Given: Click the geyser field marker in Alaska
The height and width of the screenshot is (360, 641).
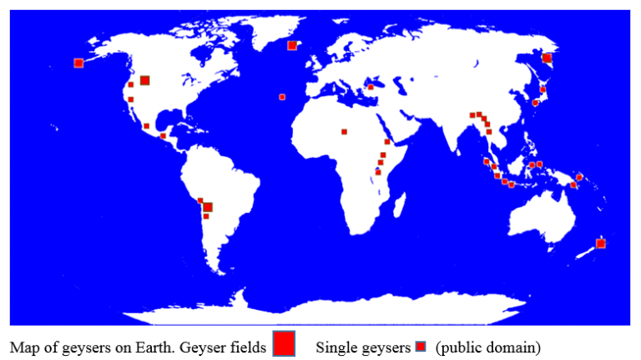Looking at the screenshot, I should (x=78, y=63).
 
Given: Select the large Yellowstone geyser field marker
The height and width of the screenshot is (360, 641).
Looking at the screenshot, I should (x=144, y=80).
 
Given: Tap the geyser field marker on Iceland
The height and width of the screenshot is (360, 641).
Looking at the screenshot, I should (x=291, y=45).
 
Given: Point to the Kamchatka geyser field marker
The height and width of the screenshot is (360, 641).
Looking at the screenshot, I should (x=547, y=58).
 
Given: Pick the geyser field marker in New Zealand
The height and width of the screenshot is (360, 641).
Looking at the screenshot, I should (x=600, y=243).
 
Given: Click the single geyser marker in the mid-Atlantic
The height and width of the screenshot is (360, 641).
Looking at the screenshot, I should (x=282, y=97).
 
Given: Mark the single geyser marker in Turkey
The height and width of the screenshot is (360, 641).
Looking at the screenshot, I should (x=371, y=86).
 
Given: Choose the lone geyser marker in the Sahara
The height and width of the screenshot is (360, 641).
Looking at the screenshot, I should (x=343, y=131).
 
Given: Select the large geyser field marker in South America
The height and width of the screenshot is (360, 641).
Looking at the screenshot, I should (x=208, y=206).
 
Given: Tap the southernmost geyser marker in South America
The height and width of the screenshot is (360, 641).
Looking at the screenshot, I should (x=206, y=216).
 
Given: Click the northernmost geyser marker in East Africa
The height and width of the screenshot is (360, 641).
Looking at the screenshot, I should (x=387, y=142).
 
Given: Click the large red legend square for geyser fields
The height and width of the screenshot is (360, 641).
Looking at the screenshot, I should (x=284, y=343).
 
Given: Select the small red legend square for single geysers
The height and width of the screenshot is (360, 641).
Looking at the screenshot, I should (x=421, y=345).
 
